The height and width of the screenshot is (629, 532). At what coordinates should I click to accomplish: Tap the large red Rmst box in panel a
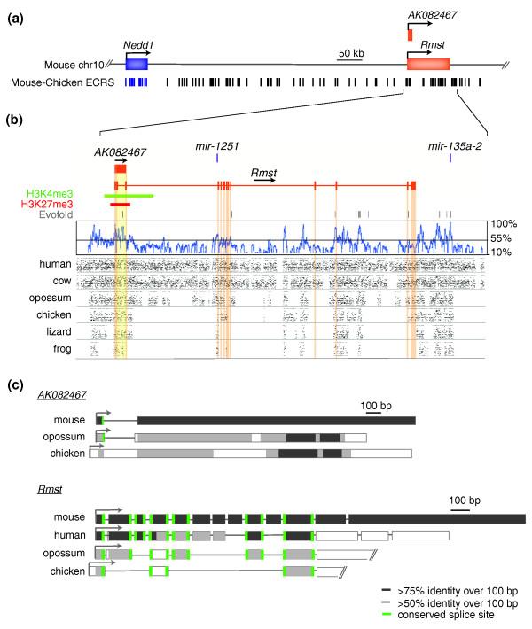pyautogui.click(x=428, y=64)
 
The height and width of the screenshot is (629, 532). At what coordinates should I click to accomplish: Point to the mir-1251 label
pyautogui.click(x=217, y=144)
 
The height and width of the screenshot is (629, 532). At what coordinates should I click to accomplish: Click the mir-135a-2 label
pyautogui.click(x=451, y=144)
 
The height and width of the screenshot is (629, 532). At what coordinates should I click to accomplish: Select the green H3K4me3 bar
pyautogui.click(x=129, y=195)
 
